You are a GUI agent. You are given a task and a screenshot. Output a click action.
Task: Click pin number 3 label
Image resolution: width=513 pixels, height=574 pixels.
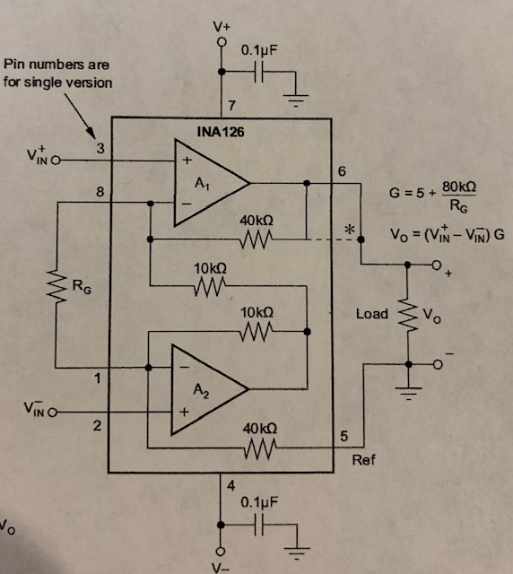pos(100,148)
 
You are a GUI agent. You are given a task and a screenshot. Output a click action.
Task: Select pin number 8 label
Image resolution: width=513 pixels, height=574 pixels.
pos(100,191)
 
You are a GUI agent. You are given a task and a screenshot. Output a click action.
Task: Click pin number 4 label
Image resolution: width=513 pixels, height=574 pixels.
pos(230,487)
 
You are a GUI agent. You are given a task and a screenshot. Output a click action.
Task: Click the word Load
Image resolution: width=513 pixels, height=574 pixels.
pos(371,314)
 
